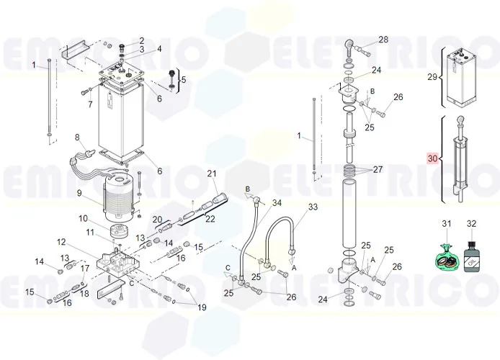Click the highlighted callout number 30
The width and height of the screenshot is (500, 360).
432,158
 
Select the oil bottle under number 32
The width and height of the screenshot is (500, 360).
471,258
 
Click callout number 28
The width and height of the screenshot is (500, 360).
383,40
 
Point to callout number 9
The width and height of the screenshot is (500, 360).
82,192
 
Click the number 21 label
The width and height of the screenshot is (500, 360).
212,174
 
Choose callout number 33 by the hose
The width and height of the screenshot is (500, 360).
312,207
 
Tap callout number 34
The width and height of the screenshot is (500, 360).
277,203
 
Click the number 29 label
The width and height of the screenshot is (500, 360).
432,76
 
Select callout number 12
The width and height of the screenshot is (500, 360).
61,242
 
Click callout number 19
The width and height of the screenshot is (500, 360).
201,307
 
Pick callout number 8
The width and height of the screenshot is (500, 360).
77,137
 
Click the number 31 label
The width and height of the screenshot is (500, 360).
446,225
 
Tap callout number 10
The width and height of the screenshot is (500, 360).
83,218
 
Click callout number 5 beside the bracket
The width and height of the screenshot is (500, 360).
182,80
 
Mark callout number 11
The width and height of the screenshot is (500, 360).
90,232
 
